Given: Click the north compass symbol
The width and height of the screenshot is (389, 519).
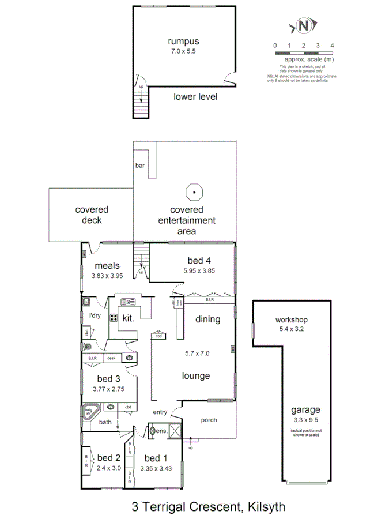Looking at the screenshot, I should tap(304, 26).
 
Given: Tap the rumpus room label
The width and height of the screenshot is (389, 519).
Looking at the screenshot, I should tap(183, 41).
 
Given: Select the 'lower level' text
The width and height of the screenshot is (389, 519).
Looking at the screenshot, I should tap(195, 97).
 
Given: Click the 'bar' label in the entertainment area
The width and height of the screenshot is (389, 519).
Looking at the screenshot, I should tap(140, 166).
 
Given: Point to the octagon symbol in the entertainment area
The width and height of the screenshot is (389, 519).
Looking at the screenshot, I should tap(195, 191).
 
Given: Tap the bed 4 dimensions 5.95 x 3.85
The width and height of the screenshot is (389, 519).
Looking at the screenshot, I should tap(198, 270).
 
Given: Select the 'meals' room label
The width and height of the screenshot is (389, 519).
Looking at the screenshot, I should tap(107, 266).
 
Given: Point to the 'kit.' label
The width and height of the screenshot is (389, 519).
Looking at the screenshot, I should tap(128, 318).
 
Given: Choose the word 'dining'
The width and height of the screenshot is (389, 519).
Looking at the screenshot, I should tap(207, 319).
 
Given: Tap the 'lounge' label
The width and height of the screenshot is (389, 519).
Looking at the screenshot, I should tap(196, 376).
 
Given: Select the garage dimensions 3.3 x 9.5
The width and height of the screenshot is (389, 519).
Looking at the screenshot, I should tap(305, 420).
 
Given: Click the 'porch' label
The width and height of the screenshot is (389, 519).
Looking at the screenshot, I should tap(209, 420).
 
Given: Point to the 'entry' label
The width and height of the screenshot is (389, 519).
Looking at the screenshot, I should tap(161, 412).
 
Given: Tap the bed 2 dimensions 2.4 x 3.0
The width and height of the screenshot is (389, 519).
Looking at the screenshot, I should tap(108, 468).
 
